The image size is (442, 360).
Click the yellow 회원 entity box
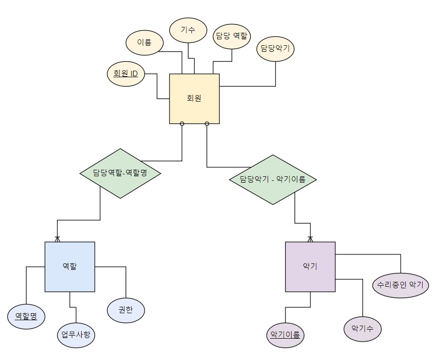194,99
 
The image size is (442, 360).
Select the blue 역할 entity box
70,266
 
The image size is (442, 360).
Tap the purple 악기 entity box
310,266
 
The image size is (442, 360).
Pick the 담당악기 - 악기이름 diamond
273,179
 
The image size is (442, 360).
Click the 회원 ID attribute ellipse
126,74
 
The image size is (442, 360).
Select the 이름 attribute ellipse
144,42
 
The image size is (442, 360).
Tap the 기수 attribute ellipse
188,30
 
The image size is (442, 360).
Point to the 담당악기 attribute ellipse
276,49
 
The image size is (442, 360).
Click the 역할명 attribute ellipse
26,316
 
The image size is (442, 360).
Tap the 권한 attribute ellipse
126,310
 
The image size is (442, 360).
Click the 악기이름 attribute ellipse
285,335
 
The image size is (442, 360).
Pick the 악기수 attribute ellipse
363,329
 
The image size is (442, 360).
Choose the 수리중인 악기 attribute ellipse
400,285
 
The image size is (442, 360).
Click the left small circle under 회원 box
182,123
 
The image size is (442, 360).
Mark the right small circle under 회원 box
207,123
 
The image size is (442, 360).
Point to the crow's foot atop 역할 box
57,238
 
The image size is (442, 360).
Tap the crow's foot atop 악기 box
310,238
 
